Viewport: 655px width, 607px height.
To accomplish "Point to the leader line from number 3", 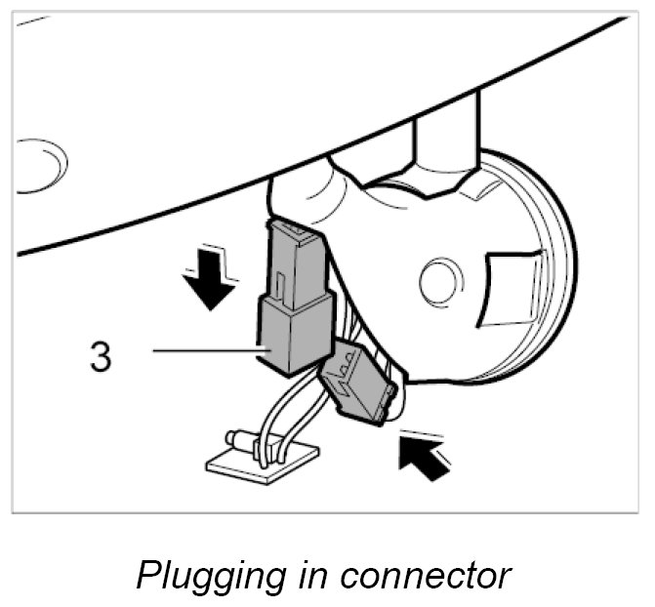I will pos(205,349).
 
